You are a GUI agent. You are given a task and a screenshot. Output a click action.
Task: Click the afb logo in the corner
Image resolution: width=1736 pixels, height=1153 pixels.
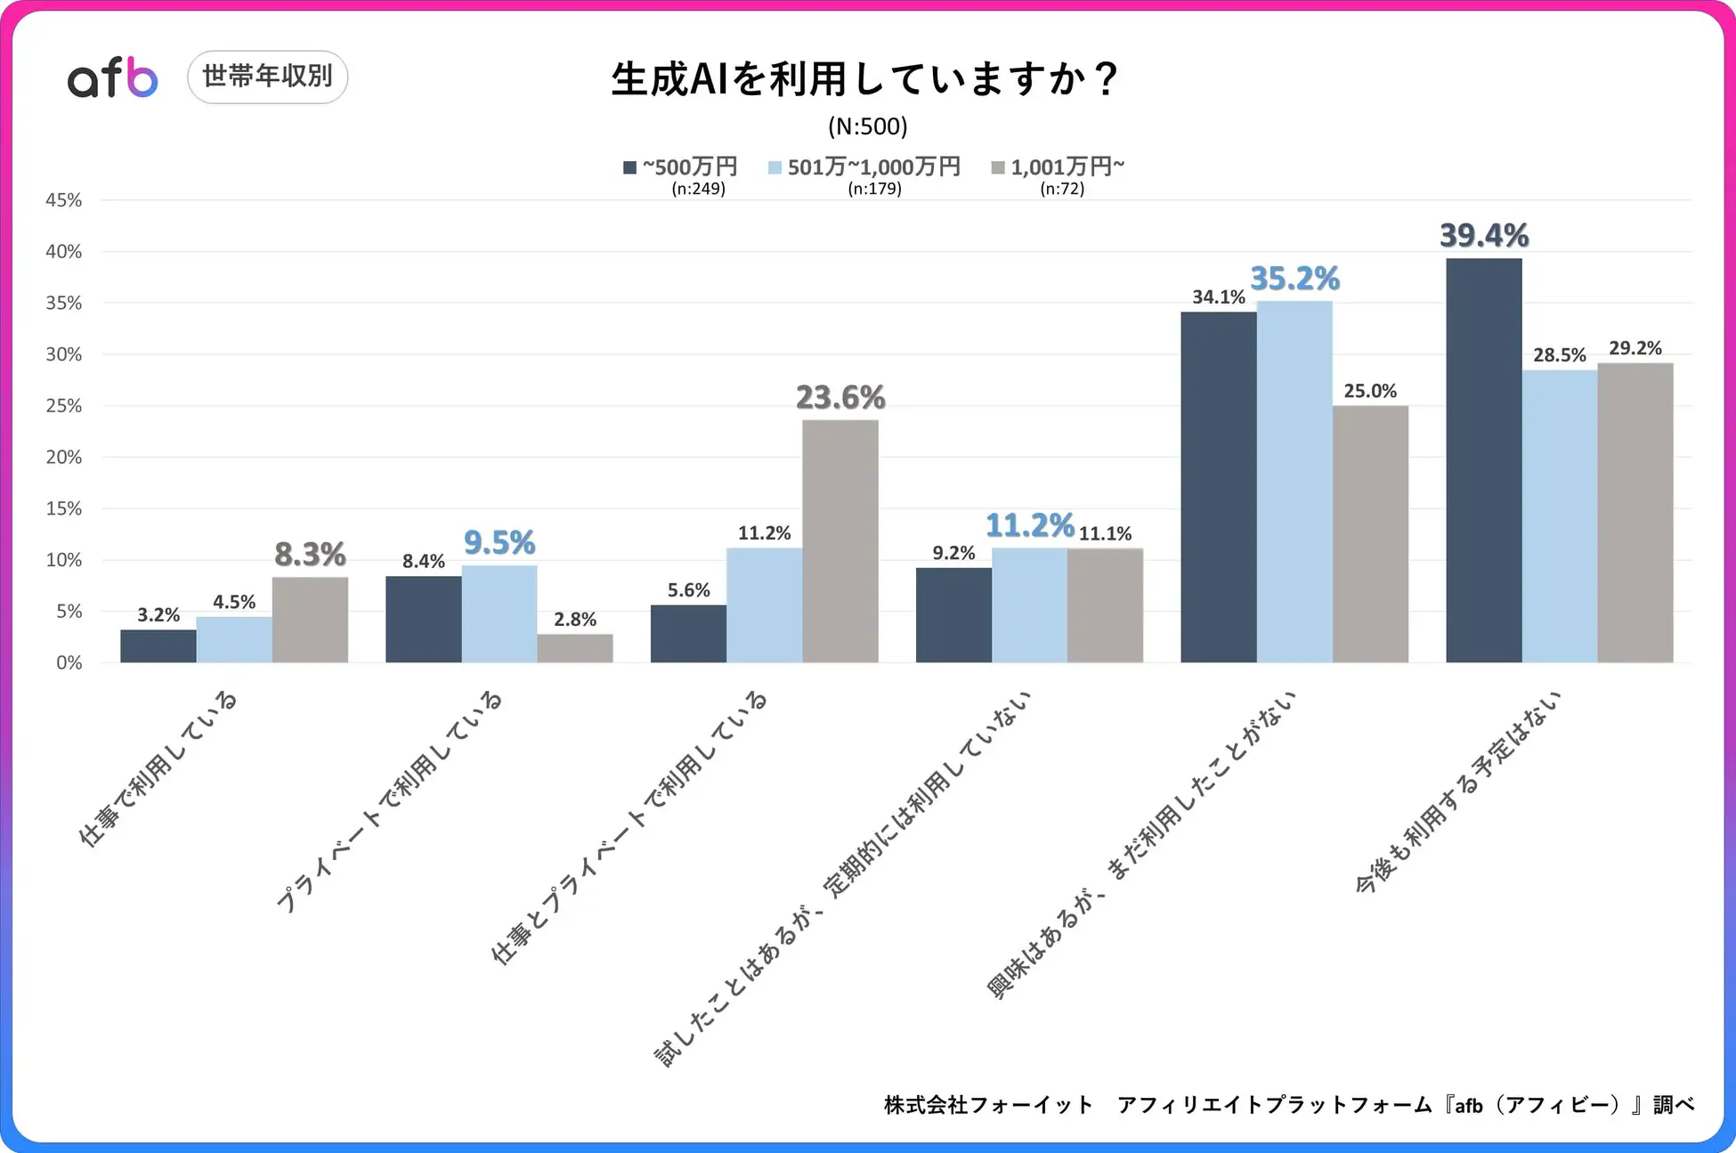tap(112, 77)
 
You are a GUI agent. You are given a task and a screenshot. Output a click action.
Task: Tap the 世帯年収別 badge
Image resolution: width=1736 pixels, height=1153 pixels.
tap(267, 77)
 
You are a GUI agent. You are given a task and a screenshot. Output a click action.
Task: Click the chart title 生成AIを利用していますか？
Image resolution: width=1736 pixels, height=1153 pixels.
tap(864, 78)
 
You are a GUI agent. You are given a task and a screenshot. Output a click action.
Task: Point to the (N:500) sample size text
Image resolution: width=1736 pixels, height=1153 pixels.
tap(867, 126)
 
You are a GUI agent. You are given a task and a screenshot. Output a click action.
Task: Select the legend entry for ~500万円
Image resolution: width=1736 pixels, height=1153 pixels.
tap(681, 167)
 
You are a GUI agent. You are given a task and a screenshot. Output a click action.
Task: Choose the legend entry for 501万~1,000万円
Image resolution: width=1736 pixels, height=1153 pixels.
tap(864, 167)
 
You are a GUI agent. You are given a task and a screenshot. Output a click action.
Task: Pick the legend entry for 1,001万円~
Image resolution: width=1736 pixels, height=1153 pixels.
tap(1059, 167)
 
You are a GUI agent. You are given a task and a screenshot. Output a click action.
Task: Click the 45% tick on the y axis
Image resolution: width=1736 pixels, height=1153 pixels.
tap(63, 200)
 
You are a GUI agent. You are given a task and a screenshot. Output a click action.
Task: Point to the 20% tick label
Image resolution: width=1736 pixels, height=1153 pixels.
tap(63, 458)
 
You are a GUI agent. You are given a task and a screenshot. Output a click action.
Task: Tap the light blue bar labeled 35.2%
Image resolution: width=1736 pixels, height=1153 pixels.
tap(1294, 481)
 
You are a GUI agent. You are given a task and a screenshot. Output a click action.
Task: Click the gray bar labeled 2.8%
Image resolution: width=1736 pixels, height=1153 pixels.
tap(575, 648)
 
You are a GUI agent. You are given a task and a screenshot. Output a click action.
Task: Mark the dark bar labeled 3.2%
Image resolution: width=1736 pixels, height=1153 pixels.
tap(158, 646)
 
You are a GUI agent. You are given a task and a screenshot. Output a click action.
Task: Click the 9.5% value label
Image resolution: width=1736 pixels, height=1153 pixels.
tap(499, 542)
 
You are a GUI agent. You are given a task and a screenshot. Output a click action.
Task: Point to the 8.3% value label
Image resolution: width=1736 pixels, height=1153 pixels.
tap(310, 555)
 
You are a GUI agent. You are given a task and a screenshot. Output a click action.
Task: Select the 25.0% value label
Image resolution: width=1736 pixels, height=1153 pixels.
tap(1370, 391)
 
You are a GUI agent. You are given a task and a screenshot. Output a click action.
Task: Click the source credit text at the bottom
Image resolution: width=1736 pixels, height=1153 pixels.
tap(1288, 1105)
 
